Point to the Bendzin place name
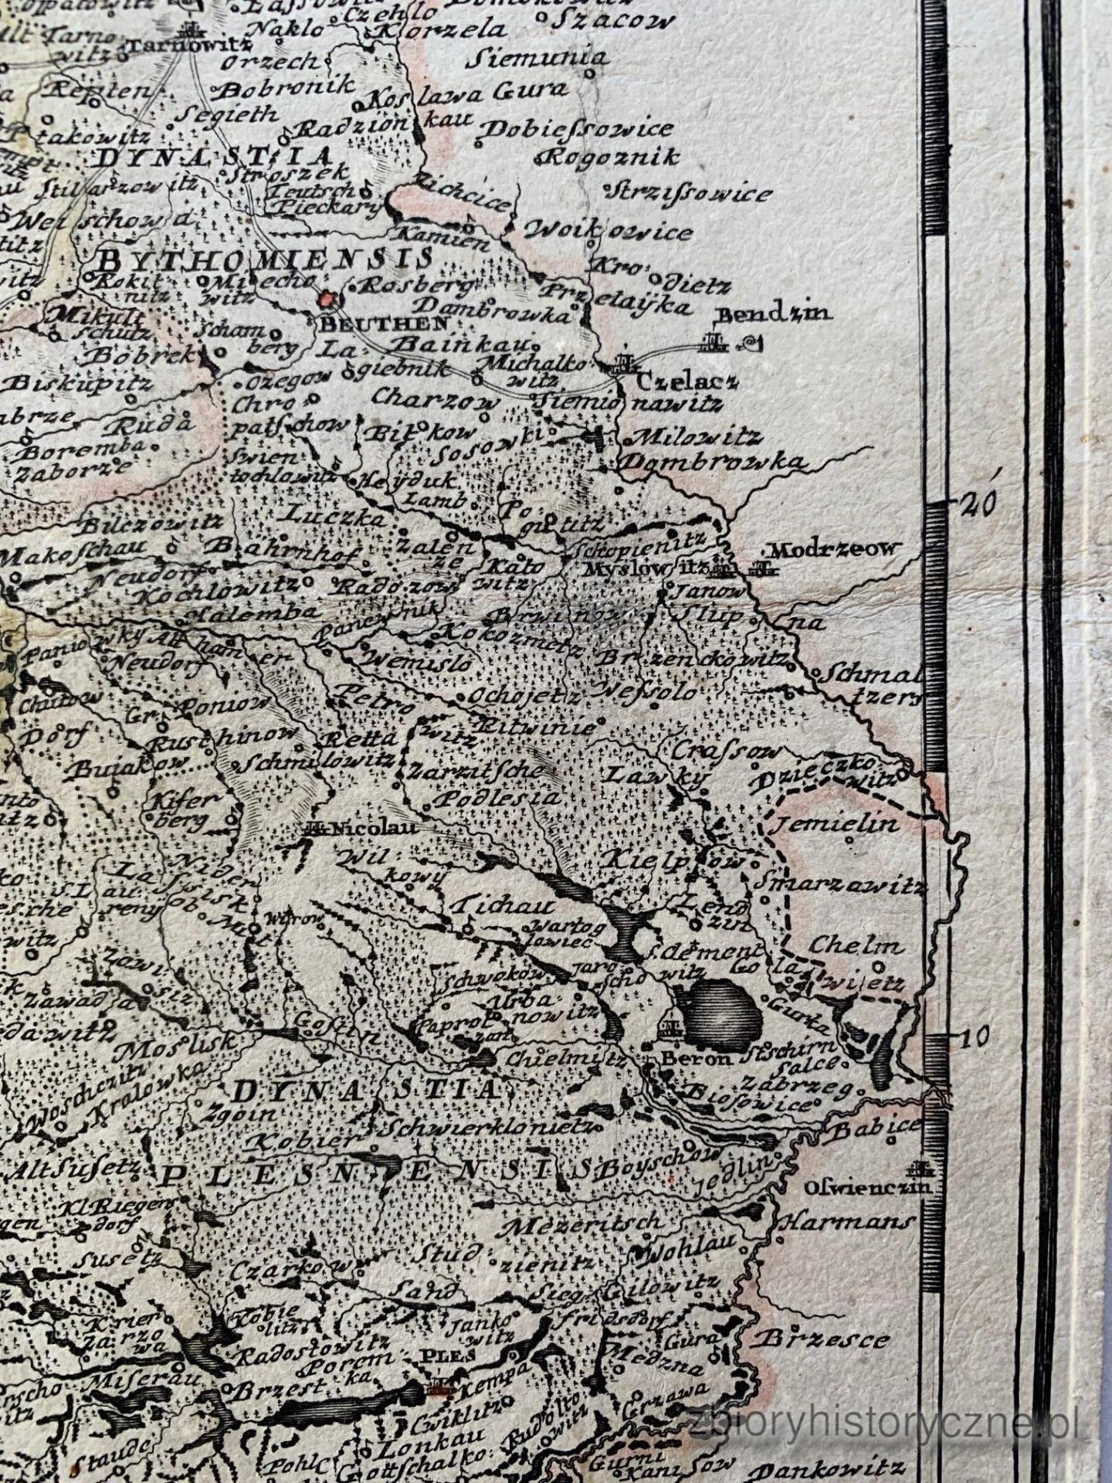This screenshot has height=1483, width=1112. coord(773,314)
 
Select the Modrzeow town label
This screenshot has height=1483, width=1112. coord(836,549)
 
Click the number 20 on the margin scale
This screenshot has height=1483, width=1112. coord(979,505)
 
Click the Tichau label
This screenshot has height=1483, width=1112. coord(504,904)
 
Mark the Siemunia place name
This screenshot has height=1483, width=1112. coord(541,57)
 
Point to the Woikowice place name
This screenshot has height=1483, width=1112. coord(608,230)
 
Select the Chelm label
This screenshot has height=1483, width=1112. coord(856,945)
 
